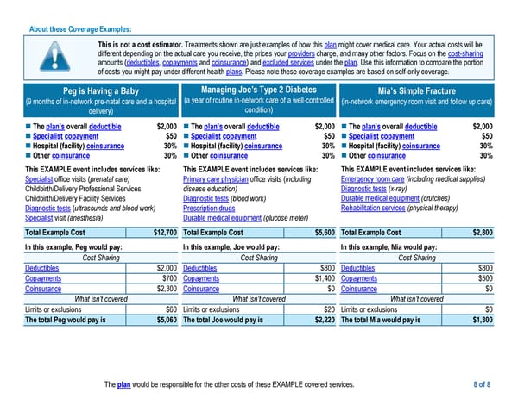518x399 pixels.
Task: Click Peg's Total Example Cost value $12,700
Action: pos(165,233)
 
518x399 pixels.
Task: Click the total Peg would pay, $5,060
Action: pos(165,320)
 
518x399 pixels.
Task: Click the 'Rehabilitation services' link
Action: pos(379,208)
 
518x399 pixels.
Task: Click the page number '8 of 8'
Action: pos(482,383)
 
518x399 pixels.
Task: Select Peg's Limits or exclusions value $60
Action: pos(171,309)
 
